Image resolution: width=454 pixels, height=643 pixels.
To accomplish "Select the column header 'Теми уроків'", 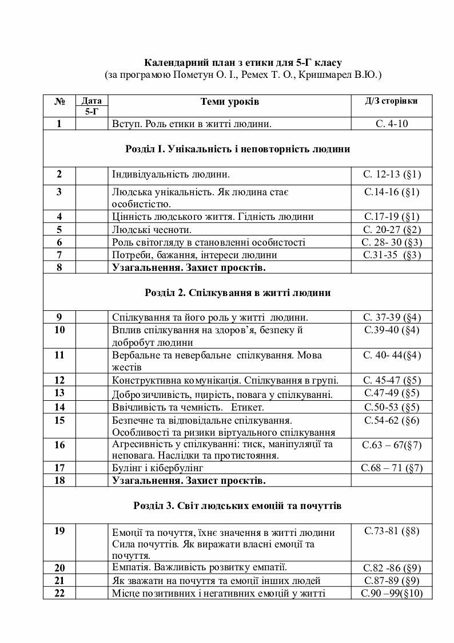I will pos(229,101).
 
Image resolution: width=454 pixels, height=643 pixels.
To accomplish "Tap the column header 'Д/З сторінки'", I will pos(391,100).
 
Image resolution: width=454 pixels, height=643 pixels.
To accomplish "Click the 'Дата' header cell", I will pos(91,101).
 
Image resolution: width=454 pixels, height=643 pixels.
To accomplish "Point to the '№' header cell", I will pos(59,101).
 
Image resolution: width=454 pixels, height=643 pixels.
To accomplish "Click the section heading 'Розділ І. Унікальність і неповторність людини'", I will pos(237,149).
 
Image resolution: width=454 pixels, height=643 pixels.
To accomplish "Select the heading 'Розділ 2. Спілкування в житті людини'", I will pos(237,293).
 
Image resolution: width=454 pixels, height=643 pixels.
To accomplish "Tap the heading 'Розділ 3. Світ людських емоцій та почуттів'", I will pos(237,506).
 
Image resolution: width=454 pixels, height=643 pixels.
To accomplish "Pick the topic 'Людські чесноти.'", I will pos(152,230).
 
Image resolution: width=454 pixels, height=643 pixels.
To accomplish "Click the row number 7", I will pos(59,255).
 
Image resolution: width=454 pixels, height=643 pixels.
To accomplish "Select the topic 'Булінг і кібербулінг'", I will pos(158,468).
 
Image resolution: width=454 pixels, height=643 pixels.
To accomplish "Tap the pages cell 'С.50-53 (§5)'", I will pos(392,407).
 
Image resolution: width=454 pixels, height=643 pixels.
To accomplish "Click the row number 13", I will pos(59,393).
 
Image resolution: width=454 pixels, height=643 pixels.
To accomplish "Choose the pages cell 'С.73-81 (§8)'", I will pos(392,531).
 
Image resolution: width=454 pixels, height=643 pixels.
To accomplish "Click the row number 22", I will pos(59,593).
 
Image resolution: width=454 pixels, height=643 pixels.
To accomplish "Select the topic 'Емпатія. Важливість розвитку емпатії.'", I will pos(200,567).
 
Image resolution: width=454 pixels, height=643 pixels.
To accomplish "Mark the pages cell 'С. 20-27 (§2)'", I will pos(392,230).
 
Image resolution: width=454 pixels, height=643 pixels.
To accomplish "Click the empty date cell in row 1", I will pos(91,124).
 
